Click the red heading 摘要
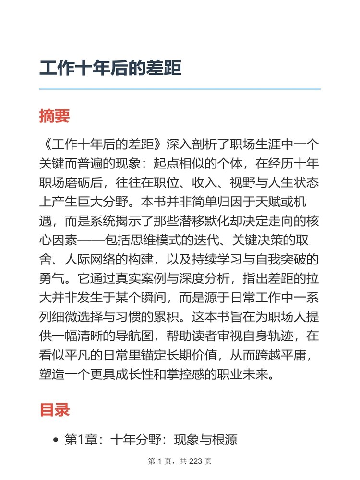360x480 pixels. pos(55,116)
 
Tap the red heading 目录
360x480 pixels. pos(55,409)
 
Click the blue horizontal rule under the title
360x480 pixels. pos(180,89)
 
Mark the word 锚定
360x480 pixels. pos(180,354)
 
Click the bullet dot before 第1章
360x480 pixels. pos(56,440)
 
